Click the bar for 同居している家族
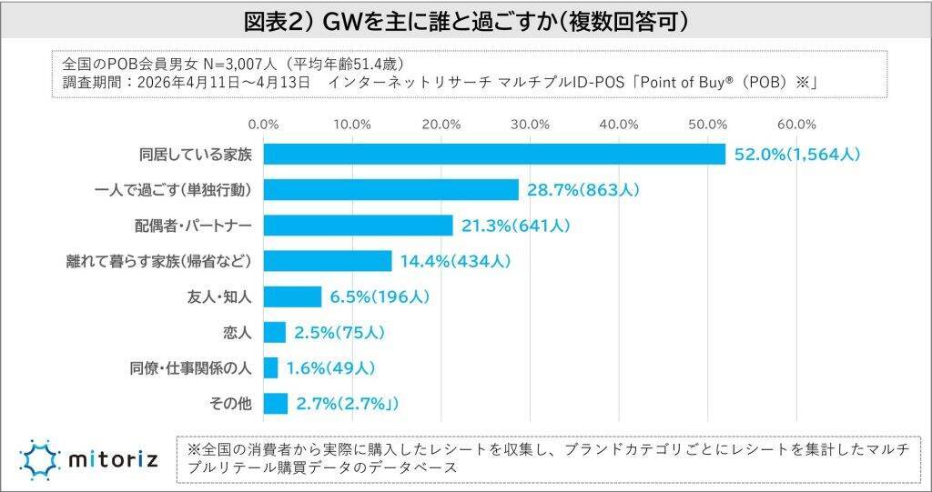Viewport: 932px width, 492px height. click(x=494, y=155)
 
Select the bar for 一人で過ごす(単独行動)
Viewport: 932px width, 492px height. click(x=390, y=190)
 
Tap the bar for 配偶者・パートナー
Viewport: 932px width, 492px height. click(x=358, y=226)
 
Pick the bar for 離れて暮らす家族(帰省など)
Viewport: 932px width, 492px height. click(x=328, y=261)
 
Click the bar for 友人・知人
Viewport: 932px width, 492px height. click(x=292, y=296)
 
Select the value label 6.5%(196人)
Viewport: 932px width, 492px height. click(x=379, y=296)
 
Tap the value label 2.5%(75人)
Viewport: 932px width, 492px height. click(x=339, y=332)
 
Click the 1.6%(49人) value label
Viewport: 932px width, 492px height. click(x=330, y=367)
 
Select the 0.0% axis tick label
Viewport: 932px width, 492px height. click(x=263, y=124)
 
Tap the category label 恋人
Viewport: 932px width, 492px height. click(x=237, y=332)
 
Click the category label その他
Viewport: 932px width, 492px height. click(x=233, y=403)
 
